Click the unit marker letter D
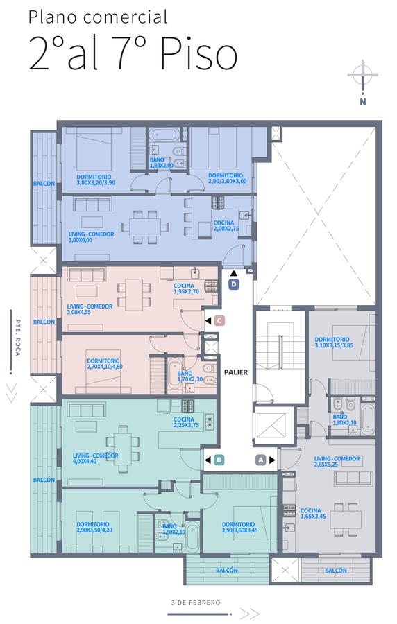(x=234, y=284)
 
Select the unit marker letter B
(x=218, y=460)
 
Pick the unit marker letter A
(x=261, y=460)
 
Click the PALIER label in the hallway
(x=236, y=372)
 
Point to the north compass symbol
(x=362, y=82)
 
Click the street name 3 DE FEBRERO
(x=196, y=603)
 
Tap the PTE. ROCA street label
(x=18, y=338)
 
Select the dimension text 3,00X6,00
(x=80, y=240)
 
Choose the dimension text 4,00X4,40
(x=85, y=461)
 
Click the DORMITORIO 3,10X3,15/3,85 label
(x=334, y=343)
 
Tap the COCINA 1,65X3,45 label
(x=311, y=513)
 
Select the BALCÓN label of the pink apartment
(x=44, y=322)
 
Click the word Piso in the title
(x=199, y=55)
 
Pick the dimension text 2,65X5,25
(x=326, y=465)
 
